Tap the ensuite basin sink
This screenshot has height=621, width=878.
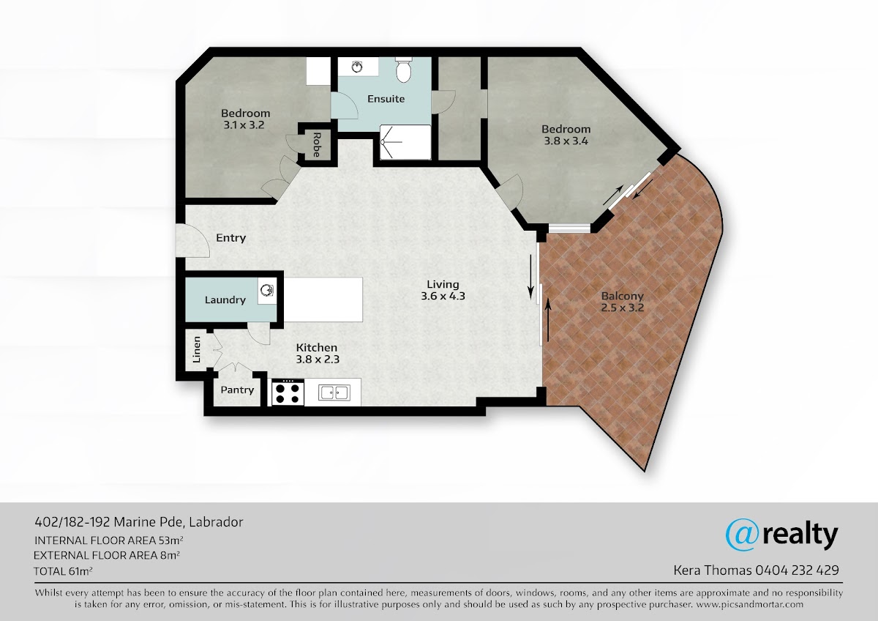pos(357,67)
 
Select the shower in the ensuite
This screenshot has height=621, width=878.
pos(405,142)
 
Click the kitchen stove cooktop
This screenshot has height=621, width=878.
pos(288,393)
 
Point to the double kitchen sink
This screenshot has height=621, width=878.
pos(334,393)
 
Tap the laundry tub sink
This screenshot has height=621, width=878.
pos(266,291)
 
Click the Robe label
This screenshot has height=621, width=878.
pos(317,145)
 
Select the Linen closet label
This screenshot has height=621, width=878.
pos(197,349)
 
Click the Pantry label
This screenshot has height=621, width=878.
pos(237,390)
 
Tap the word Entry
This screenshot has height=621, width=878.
pos(231,238)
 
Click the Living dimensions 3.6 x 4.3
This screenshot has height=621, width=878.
pos(443,296)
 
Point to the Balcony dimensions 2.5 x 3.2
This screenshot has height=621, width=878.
pos(623,308)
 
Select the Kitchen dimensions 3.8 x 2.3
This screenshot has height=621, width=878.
pos(318,359)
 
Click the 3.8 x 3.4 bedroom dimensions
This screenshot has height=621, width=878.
pos(566,141)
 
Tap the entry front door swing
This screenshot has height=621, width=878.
pos(192,240)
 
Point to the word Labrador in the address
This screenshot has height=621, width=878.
pos(216,522)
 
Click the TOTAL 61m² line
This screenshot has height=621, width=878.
pos(63,571)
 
